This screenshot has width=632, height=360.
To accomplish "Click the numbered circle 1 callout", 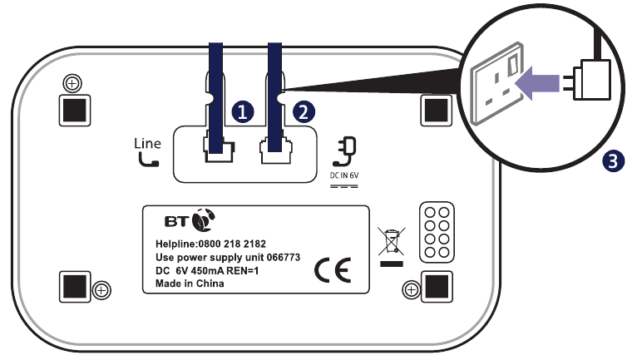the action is [x=243, y=111].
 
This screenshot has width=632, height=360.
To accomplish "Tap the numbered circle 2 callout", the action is [x=304, y=111].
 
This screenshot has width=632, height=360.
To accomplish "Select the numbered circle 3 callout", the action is [x=613, y=161].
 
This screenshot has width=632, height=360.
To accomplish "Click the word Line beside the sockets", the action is [x=147, y=144].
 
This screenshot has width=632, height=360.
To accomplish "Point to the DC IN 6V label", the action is [x=344, y=175].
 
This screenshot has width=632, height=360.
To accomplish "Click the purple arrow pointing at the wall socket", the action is [x=537, y=83].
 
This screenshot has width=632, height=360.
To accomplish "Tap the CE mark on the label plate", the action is [x=333, y=269].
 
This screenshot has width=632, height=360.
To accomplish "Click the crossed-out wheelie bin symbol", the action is [x=392, y=241].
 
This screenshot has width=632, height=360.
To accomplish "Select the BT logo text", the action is [x=176, y=222].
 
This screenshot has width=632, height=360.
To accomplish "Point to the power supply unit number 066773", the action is [x=284, y=257].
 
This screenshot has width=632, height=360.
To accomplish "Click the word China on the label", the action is [x=210, y=284].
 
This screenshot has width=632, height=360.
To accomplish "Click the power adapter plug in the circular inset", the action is [x=591, y=80].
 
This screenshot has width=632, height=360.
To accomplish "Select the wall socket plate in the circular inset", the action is [x=497, y=83].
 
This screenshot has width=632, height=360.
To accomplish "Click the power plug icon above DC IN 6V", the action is [x=344, y=151].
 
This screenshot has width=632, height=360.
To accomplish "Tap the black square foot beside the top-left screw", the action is [x=75, y=111].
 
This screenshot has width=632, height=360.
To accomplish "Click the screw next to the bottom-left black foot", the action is [x=101, y=290].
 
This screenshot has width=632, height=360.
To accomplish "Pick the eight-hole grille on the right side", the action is [x=437, y=232].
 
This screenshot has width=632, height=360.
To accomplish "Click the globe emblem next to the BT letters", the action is [x=204, y=220].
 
